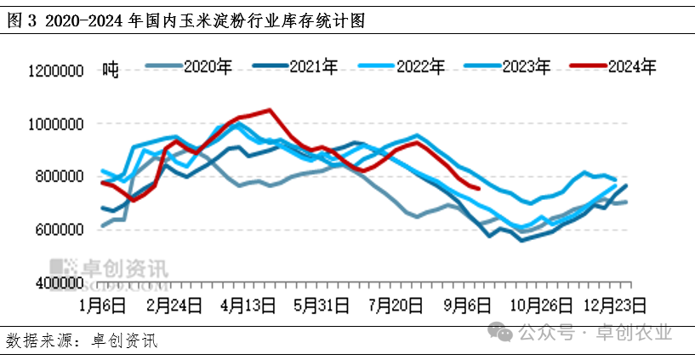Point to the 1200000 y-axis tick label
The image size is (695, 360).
(x=55, y=71)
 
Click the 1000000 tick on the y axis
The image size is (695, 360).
(x=55, y=124)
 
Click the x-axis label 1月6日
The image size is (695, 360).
(x=102, y=303)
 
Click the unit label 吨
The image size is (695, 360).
(x=110, y=68)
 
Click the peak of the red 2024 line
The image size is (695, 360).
(x=270, y=110)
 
